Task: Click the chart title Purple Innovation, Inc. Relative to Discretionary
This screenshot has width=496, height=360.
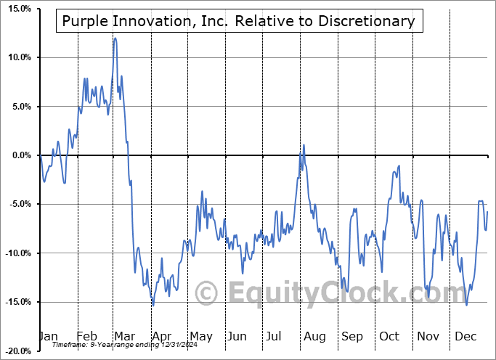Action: [238, 21]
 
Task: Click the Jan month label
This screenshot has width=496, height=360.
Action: [47, 336]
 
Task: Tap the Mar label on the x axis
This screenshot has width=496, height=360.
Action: [123, 336]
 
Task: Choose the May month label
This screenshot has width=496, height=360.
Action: [200, 336]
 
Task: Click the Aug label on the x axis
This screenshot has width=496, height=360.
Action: [314, 336]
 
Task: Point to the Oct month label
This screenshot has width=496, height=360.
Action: [389, 336]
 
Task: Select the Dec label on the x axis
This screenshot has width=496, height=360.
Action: [465, 336]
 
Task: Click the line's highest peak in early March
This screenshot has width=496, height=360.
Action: [115, 38]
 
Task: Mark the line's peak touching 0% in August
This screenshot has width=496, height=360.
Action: [304, 146]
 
